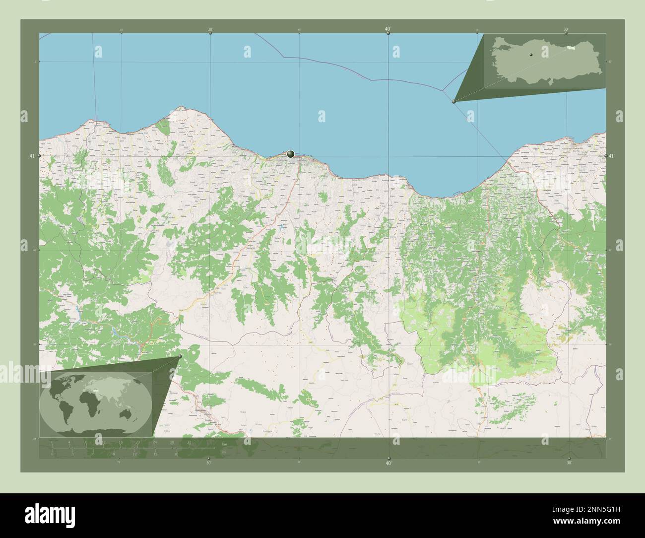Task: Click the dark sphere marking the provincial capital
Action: pos(291,154)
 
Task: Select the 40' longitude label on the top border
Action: pos(387,29)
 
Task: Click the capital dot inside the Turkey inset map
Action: pos(530,55)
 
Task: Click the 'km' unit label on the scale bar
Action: pos(225,444)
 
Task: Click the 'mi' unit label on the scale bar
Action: pos(224,452)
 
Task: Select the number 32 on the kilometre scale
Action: pos(189,442)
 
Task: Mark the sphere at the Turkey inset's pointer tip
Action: pos(453,101)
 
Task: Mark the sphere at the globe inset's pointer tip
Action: pos(180,356)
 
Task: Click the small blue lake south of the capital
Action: pos(282,228)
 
